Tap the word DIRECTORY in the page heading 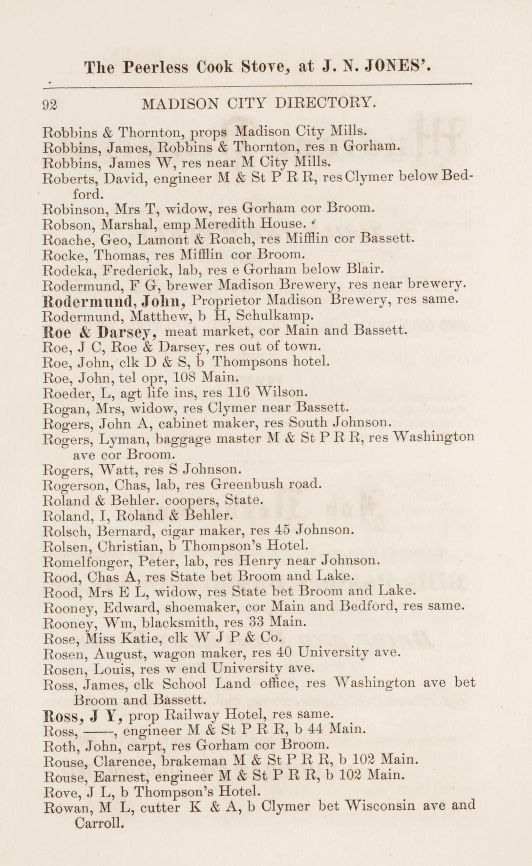coord(326,103)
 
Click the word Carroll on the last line coord(97,823)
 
